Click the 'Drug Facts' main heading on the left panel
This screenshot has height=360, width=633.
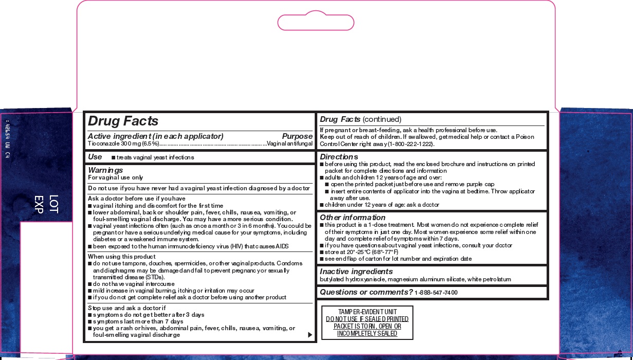123,121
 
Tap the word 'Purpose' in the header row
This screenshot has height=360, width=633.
297,136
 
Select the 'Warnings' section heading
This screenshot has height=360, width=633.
105,170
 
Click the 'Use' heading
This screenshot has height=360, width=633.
95,156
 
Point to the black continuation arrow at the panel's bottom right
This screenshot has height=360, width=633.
310,335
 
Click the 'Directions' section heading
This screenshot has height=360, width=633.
339,156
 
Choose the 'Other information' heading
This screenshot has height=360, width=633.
352,217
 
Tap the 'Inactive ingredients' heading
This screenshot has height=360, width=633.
356,271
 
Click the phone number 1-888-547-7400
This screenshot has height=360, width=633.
436,293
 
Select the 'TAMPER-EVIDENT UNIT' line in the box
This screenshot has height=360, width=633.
367,312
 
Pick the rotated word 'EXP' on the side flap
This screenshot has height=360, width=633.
39,204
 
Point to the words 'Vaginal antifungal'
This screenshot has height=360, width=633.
290,144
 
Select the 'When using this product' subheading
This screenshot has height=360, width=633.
121,257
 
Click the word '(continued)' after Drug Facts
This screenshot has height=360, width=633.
382,119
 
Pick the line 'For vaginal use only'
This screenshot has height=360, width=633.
115,177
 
